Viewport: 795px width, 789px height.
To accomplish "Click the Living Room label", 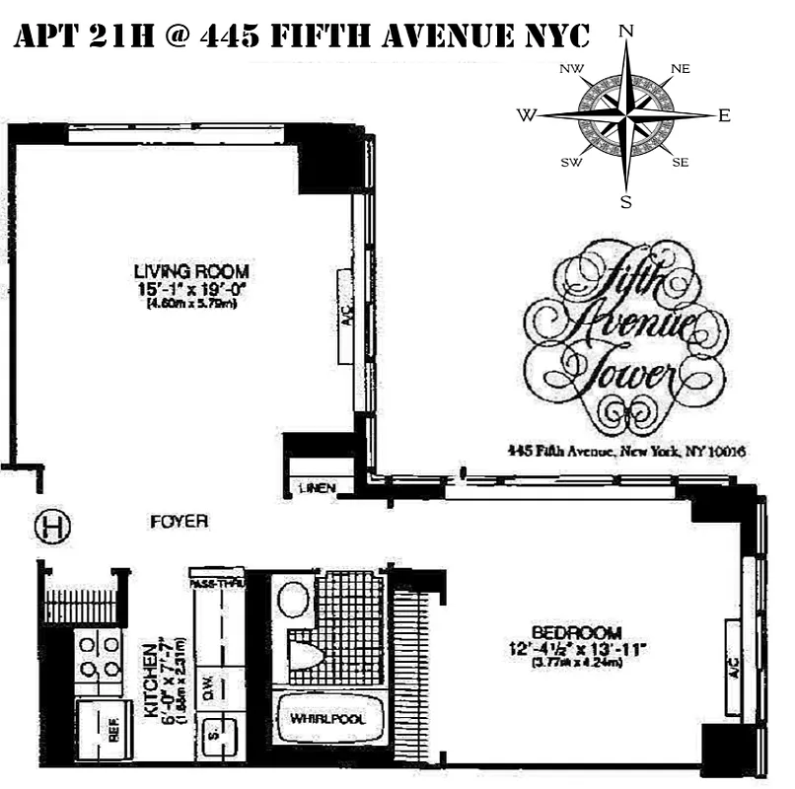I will (x=191, y=271).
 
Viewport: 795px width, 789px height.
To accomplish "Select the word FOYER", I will (x=179, y=522).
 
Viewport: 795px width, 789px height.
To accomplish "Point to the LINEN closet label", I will (x=319, y=488).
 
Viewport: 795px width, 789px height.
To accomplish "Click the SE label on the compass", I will (x=680, y=162).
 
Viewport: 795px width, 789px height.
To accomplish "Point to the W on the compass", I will (x=526, y=115).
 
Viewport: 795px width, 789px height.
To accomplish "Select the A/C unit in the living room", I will (x=345, y=316).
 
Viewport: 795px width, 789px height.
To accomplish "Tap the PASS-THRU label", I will (x=218, y=584).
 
